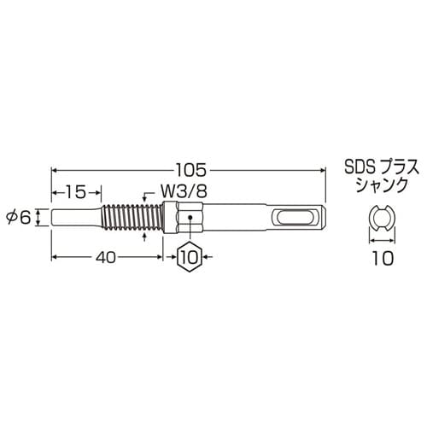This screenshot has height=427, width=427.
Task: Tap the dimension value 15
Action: click(x=76, y=190)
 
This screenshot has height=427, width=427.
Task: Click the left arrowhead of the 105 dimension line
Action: click(x=56, y=167)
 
